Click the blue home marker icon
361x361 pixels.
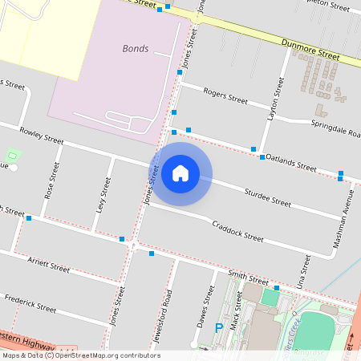pos(180,173)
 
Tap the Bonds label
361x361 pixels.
pos(135,48)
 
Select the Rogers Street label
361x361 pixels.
pos(226,96)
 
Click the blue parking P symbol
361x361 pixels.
pos(218,327)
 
